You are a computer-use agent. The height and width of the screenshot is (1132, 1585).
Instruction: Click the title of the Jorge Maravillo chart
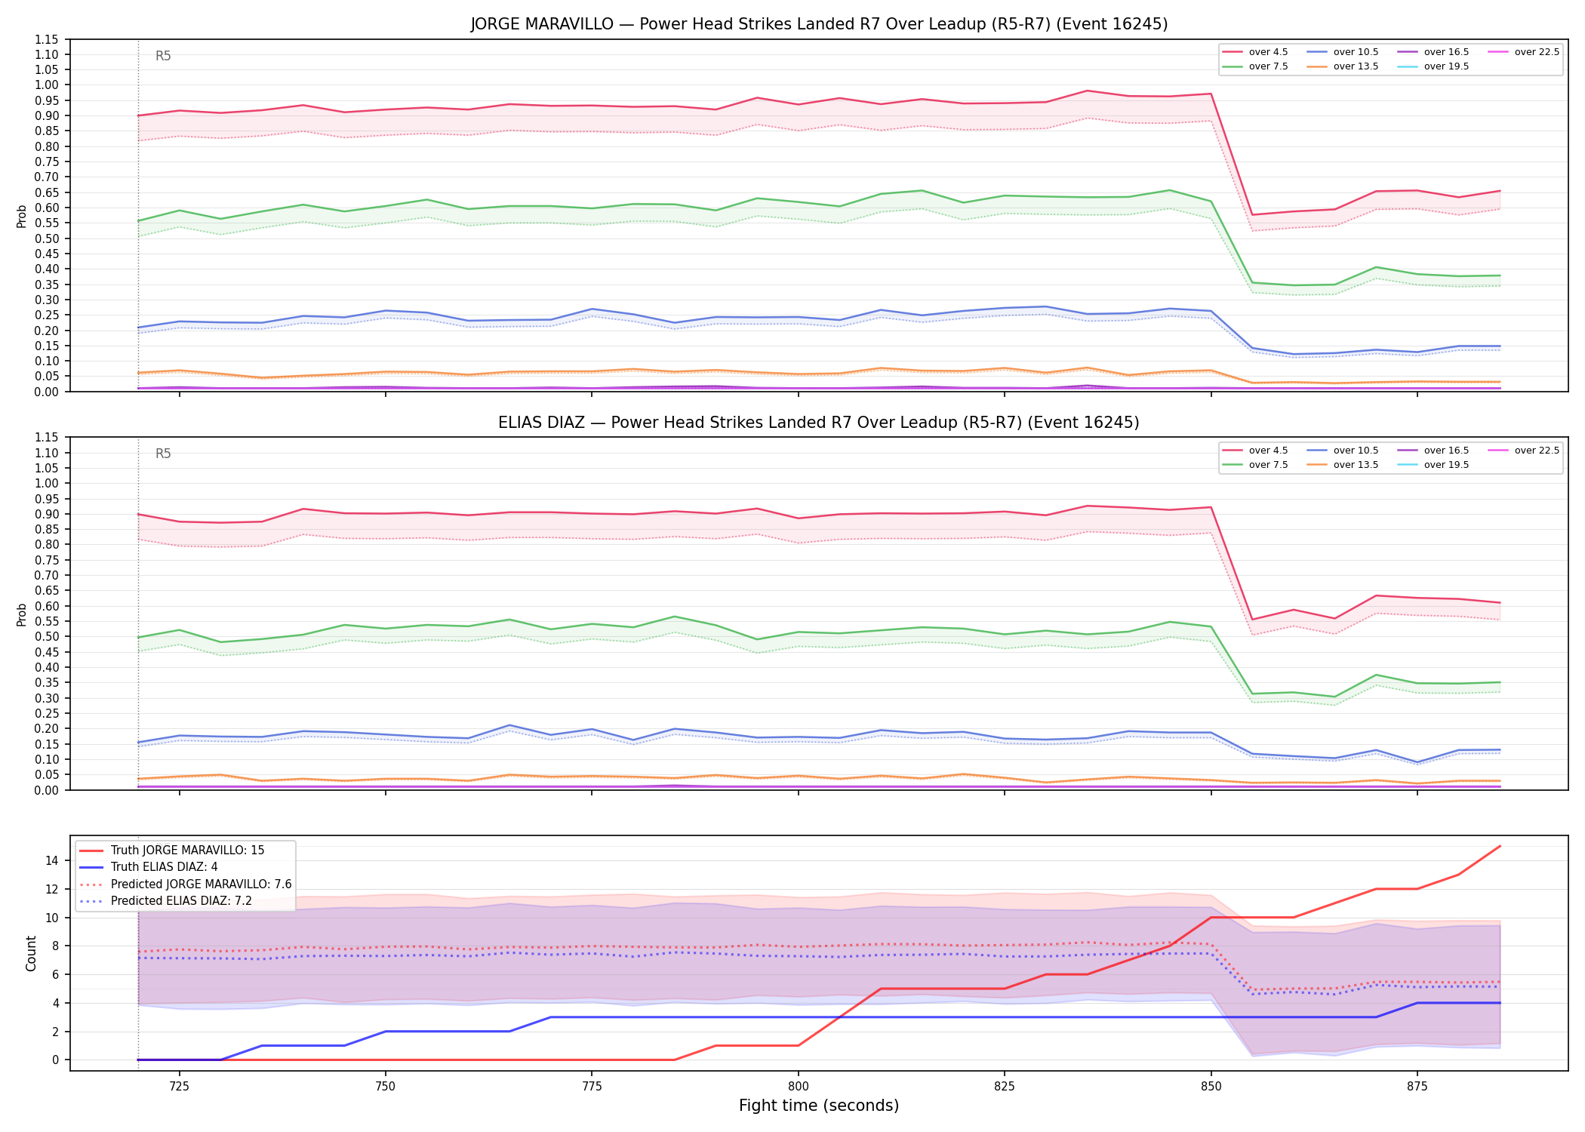tap(819, 24)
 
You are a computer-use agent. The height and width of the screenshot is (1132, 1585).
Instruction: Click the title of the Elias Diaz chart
tap(819, 423)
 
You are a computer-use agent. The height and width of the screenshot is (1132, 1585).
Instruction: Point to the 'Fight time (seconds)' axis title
tap(819, 1106)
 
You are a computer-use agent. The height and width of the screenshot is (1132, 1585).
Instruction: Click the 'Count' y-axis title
tap(31, 953)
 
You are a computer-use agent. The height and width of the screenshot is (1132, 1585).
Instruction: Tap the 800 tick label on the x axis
tap(798, 1087)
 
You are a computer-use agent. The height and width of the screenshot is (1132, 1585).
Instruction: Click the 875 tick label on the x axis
tap(1417, 1087)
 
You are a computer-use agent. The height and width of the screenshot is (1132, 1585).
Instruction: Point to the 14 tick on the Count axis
tap(52, 860)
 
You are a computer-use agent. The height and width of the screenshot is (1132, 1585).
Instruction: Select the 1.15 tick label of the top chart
tap(47, 39)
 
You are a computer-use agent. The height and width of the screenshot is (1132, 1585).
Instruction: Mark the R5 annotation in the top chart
tap(163, 56)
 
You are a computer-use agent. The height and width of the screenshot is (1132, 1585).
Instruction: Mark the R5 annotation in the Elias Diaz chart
tap(163, 454)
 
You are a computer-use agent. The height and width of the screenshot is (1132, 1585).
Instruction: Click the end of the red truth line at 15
tap(1500, 846)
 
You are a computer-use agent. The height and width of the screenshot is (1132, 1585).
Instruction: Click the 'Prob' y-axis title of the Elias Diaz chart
tap(21, 614)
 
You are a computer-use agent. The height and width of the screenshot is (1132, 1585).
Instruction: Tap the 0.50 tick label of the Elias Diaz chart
tap(47, 636)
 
